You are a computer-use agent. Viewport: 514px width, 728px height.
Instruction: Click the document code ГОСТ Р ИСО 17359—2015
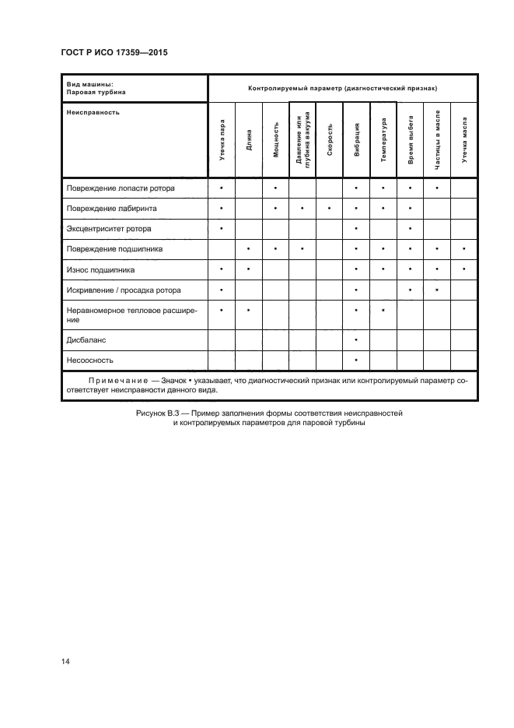(114, 53)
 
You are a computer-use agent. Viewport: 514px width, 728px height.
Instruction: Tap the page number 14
(65, 661)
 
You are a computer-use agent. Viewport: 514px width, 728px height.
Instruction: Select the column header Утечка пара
(222, 139)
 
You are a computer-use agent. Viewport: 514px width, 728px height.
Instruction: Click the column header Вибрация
(356, 139)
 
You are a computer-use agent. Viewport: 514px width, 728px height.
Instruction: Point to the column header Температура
(383, 139)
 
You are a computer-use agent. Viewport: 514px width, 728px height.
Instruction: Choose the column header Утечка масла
(464, 139)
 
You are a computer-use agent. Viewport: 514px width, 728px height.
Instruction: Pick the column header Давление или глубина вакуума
(302, 139)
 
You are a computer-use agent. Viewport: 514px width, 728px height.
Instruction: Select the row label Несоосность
(91, 360)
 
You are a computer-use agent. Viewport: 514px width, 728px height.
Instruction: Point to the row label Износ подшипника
(101, 269)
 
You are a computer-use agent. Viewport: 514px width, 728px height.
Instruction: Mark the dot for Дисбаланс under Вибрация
(356, 340)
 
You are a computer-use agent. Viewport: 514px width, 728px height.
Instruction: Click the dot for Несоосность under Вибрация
(356, 360)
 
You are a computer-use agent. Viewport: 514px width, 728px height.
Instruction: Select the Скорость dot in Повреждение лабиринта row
(330, 209)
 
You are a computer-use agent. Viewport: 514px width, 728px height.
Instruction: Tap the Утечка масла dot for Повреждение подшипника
(464, 249)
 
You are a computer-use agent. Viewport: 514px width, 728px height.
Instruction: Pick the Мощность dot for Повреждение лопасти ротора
(275, 188)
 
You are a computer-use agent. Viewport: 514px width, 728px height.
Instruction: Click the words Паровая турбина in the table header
(96, 92)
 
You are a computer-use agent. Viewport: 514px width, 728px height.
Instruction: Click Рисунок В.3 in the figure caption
(158, 413)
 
